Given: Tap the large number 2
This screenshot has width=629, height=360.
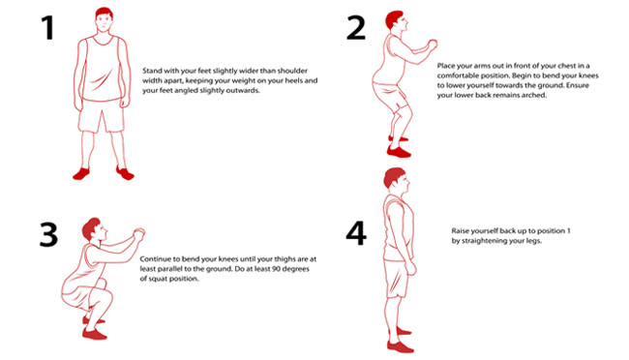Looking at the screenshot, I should coord(357,28).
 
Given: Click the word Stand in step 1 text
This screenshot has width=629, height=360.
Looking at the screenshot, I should coord(152,72).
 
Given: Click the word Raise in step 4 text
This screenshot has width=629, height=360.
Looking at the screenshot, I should coord(463,232).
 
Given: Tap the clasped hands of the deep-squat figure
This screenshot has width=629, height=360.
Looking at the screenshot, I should coord(138,232).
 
